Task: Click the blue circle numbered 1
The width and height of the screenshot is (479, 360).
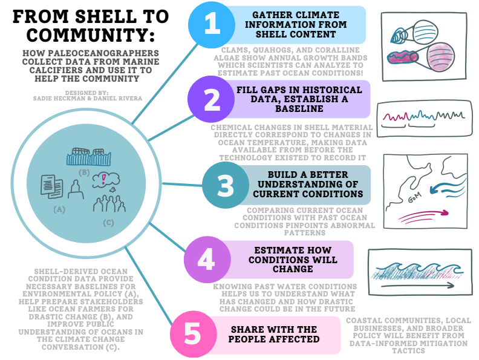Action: click(x=211, y=24)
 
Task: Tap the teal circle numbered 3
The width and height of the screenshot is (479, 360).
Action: click(x=225, y=186)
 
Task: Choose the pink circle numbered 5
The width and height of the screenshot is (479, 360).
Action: click(x=192, y=333)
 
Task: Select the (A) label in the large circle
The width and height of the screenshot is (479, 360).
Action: click(x=59, y=210)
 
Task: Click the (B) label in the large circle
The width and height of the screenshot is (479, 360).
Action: click(x=84, y=172)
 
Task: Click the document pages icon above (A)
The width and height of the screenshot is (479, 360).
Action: click(x=51, y=185)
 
